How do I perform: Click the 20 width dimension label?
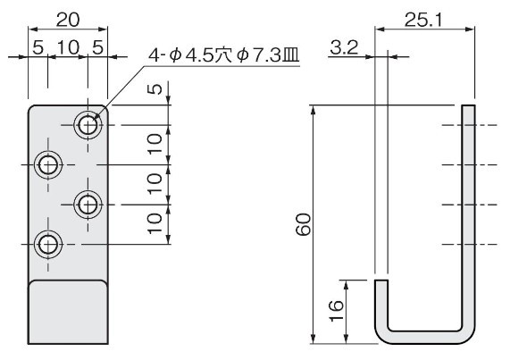point(68,20)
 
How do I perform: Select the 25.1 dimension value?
point(423,21)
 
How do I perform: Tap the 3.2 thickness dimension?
point(344,48)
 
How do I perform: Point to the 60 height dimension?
point(304,224)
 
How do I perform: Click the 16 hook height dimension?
point(337,311)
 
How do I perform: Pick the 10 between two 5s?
point(68,48)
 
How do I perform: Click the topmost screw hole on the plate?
point(88,125)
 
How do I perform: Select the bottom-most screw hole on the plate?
point(48,244)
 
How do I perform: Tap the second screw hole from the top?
point(48,165)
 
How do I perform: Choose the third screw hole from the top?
point(88,205)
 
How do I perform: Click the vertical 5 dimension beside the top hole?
point(156,89)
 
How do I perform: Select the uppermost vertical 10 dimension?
point(155,144)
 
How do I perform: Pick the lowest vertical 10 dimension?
point(155,223)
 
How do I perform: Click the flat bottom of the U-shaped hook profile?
point(425,338)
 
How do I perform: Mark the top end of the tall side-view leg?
point(468,105)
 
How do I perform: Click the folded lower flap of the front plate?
point(68,312)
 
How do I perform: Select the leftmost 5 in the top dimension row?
point(38,48)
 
